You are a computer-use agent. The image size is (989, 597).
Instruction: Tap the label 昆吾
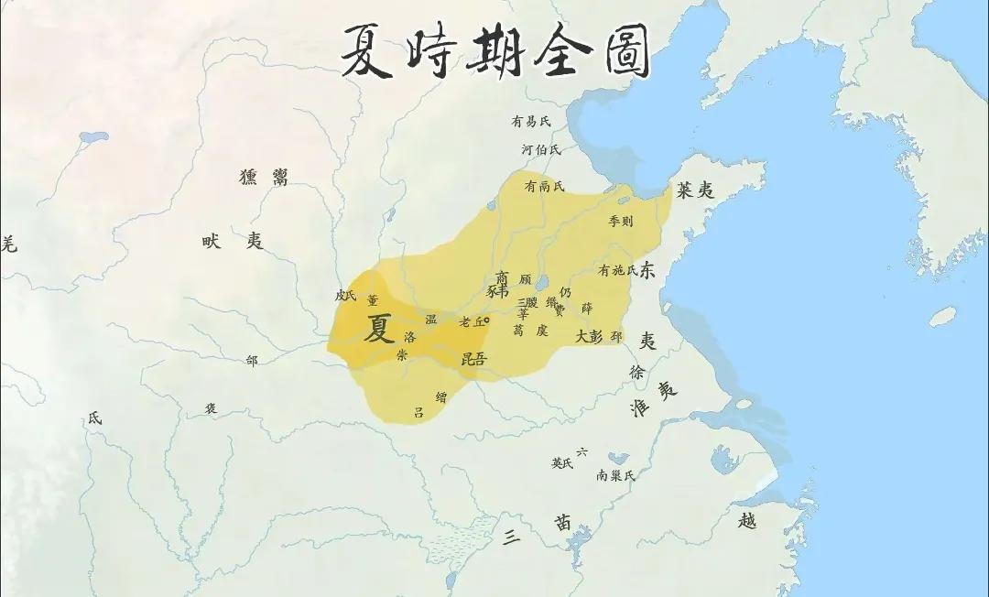point(473,358)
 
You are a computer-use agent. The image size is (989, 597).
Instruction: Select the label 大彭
point(589,336)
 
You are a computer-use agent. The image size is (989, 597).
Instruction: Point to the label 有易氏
point(531,121)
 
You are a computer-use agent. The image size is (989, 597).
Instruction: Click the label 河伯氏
point(540,148)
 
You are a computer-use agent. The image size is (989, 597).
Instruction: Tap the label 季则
point(620,221)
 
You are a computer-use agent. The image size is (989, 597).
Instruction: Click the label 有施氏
point(617,270)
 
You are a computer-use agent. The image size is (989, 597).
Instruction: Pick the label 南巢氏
point(614,475)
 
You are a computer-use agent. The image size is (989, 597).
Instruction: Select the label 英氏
point(560,463)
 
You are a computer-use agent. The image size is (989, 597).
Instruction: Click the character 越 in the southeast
point(748,520)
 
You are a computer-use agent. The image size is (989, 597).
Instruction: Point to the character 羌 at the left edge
point(8,243)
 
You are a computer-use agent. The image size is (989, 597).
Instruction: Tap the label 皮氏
point(344,295)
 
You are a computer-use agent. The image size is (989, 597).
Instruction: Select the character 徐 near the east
point(636,372)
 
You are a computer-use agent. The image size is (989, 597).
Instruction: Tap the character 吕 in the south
point(418,412)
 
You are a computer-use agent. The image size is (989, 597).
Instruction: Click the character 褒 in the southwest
point(211,408)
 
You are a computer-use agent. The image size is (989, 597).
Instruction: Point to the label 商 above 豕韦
point(501,276)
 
